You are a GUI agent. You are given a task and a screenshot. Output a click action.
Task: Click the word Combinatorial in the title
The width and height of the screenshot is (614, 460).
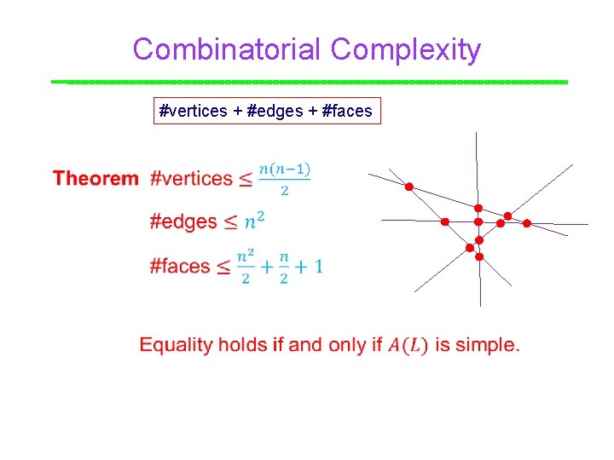click(228, 49)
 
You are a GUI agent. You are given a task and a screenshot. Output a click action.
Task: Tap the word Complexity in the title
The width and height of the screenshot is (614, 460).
click(406, 49)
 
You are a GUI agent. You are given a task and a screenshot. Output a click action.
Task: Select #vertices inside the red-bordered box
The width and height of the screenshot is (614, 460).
click(194, 111)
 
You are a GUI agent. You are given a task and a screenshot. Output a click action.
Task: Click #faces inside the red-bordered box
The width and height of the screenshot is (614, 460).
click(348, 111)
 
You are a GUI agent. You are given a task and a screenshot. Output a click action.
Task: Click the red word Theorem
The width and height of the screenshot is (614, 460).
click(96, 179)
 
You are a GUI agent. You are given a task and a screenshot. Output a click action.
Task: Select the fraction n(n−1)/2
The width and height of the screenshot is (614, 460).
click(285, 179)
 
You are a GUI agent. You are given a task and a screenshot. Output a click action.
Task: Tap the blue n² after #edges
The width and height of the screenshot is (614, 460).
click(254, 221)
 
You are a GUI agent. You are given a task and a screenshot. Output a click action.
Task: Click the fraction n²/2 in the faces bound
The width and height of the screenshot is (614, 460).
click(246, 266)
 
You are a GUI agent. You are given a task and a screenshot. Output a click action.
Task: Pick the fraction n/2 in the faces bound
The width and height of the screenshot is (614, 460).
click(283, 266)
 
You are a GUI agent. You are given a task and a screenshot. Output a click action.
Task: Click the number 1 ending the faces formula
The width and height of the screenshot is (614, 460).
click(317, 266)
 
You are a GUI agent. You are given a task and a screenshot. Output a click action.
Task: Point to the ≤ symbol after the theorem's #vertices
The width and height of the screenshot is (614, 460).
click(245, 180)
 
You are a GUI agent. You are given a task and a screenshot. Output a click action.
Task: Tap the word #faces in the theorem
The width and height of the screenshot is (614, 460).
click(180, 266)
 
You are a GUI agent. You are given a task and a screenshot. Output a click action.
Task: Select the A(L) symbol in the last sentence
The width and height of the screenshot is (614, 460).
click(408, 345)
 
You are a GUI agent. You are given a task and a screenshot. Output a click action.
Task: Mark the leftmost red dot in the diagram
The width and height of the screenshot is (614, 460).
click(408, 187)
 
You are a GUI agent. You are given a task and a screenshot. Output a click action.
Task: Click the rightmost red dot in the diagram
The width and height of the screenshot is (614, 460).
click(526, 223)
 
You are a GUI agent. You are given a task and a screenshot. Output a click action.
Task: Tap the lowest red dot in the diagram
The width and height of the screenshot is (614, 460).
click(479, 256)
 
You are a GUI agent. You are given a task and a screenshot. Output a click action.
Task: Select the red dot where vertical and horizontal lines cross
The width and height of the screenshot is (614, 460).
click(478, 221)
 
